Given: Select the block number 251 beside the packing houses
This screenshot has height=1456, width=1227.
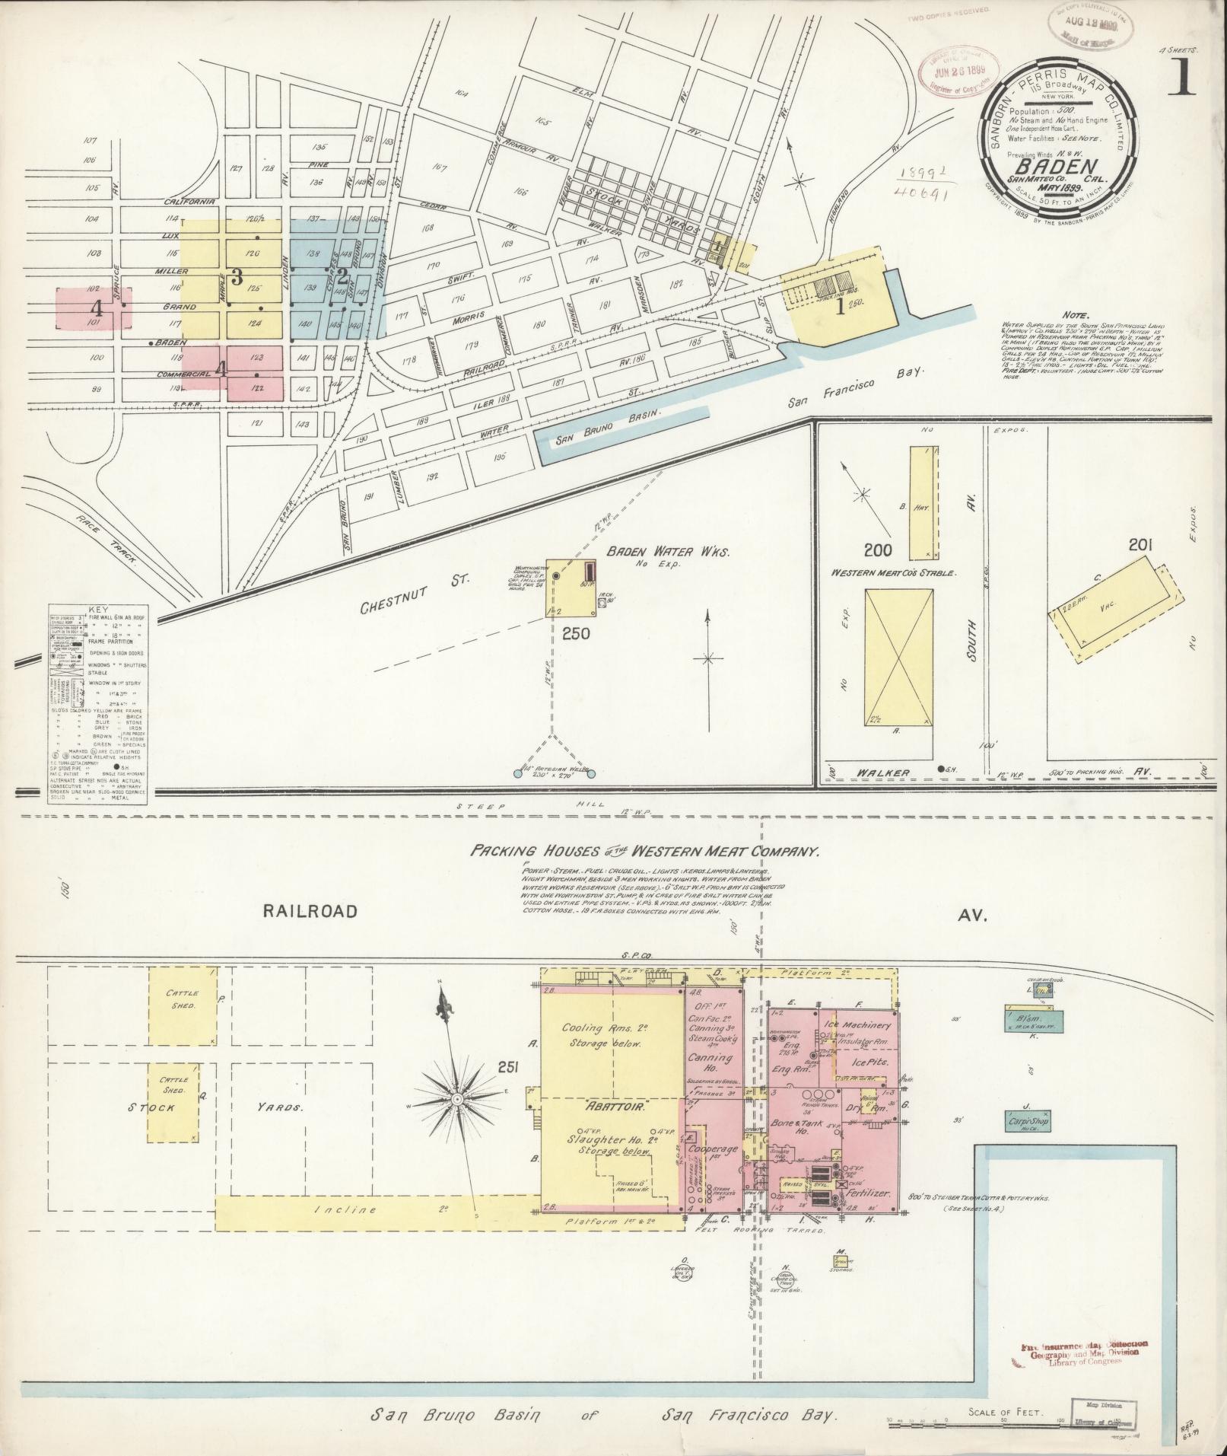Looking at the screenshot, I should (x=508, y=1068).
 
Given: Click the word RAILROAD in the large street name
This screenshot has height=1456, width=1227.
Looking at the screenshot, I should (x=311, y=911).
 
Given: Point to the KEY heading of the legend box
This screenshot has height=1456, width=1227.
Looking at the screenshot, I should (x=99, y=610).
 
